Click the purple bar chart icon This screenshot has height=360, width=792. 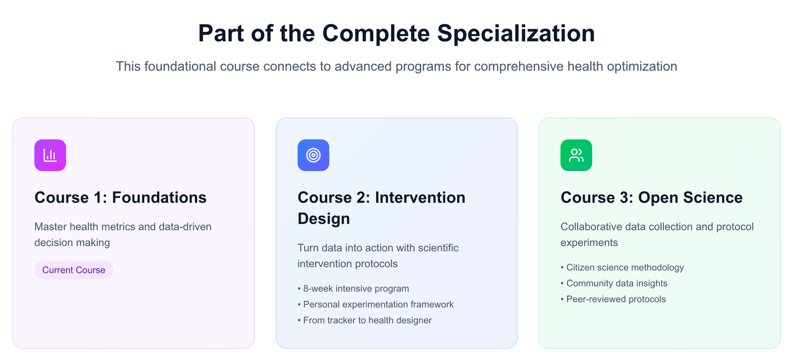pyautogui.click(x=50, y=155)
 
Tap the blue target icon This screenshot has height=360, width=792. pyautogui.click(x=313, y=155)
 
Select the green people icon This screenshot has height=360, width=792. pyautogui.click(x=576, y=155)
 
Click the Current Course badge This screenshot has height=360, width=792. pyautogui.click(x=74, y=270)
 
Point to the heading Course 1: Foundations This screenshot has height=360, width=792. pyautogui.click(x=120, y=198)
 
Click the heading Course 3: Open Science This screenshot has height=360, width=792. pyautogui.click(x=652, y=198)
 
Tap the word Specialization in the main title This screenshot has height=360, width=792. pyautogui.click(x=516, y=33)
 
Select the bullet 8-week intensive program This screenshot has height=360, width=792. pyautogui.click(x=353, y=288)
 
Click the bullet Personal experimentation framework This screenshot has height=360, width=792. pyautogui.click(x=376, y=304)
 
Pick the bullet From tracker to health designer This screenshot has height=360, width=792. pyautogui.click(x=365, y=320)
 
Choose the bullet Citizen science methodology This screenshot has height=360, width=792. pyautogui.click(x=622, y=267)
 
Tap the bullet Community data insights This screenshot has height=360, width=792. pyautogui.click(x=614, y=283)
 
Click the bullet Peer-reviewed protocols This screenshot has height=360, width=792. pyautogui.click(x=613, y=299)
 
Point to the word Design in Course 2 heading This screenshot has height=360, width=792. pyautogui.click(x=324, y=219)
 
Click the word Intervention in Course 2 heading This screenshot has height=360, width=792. pyautogui.click(x=420, y=198)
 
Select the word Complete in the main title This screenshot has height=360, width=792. pyautogui.click(x=376, y=33)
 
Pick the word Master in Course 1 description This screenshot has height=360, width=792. pyautogui.click(x=50, y=227)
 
